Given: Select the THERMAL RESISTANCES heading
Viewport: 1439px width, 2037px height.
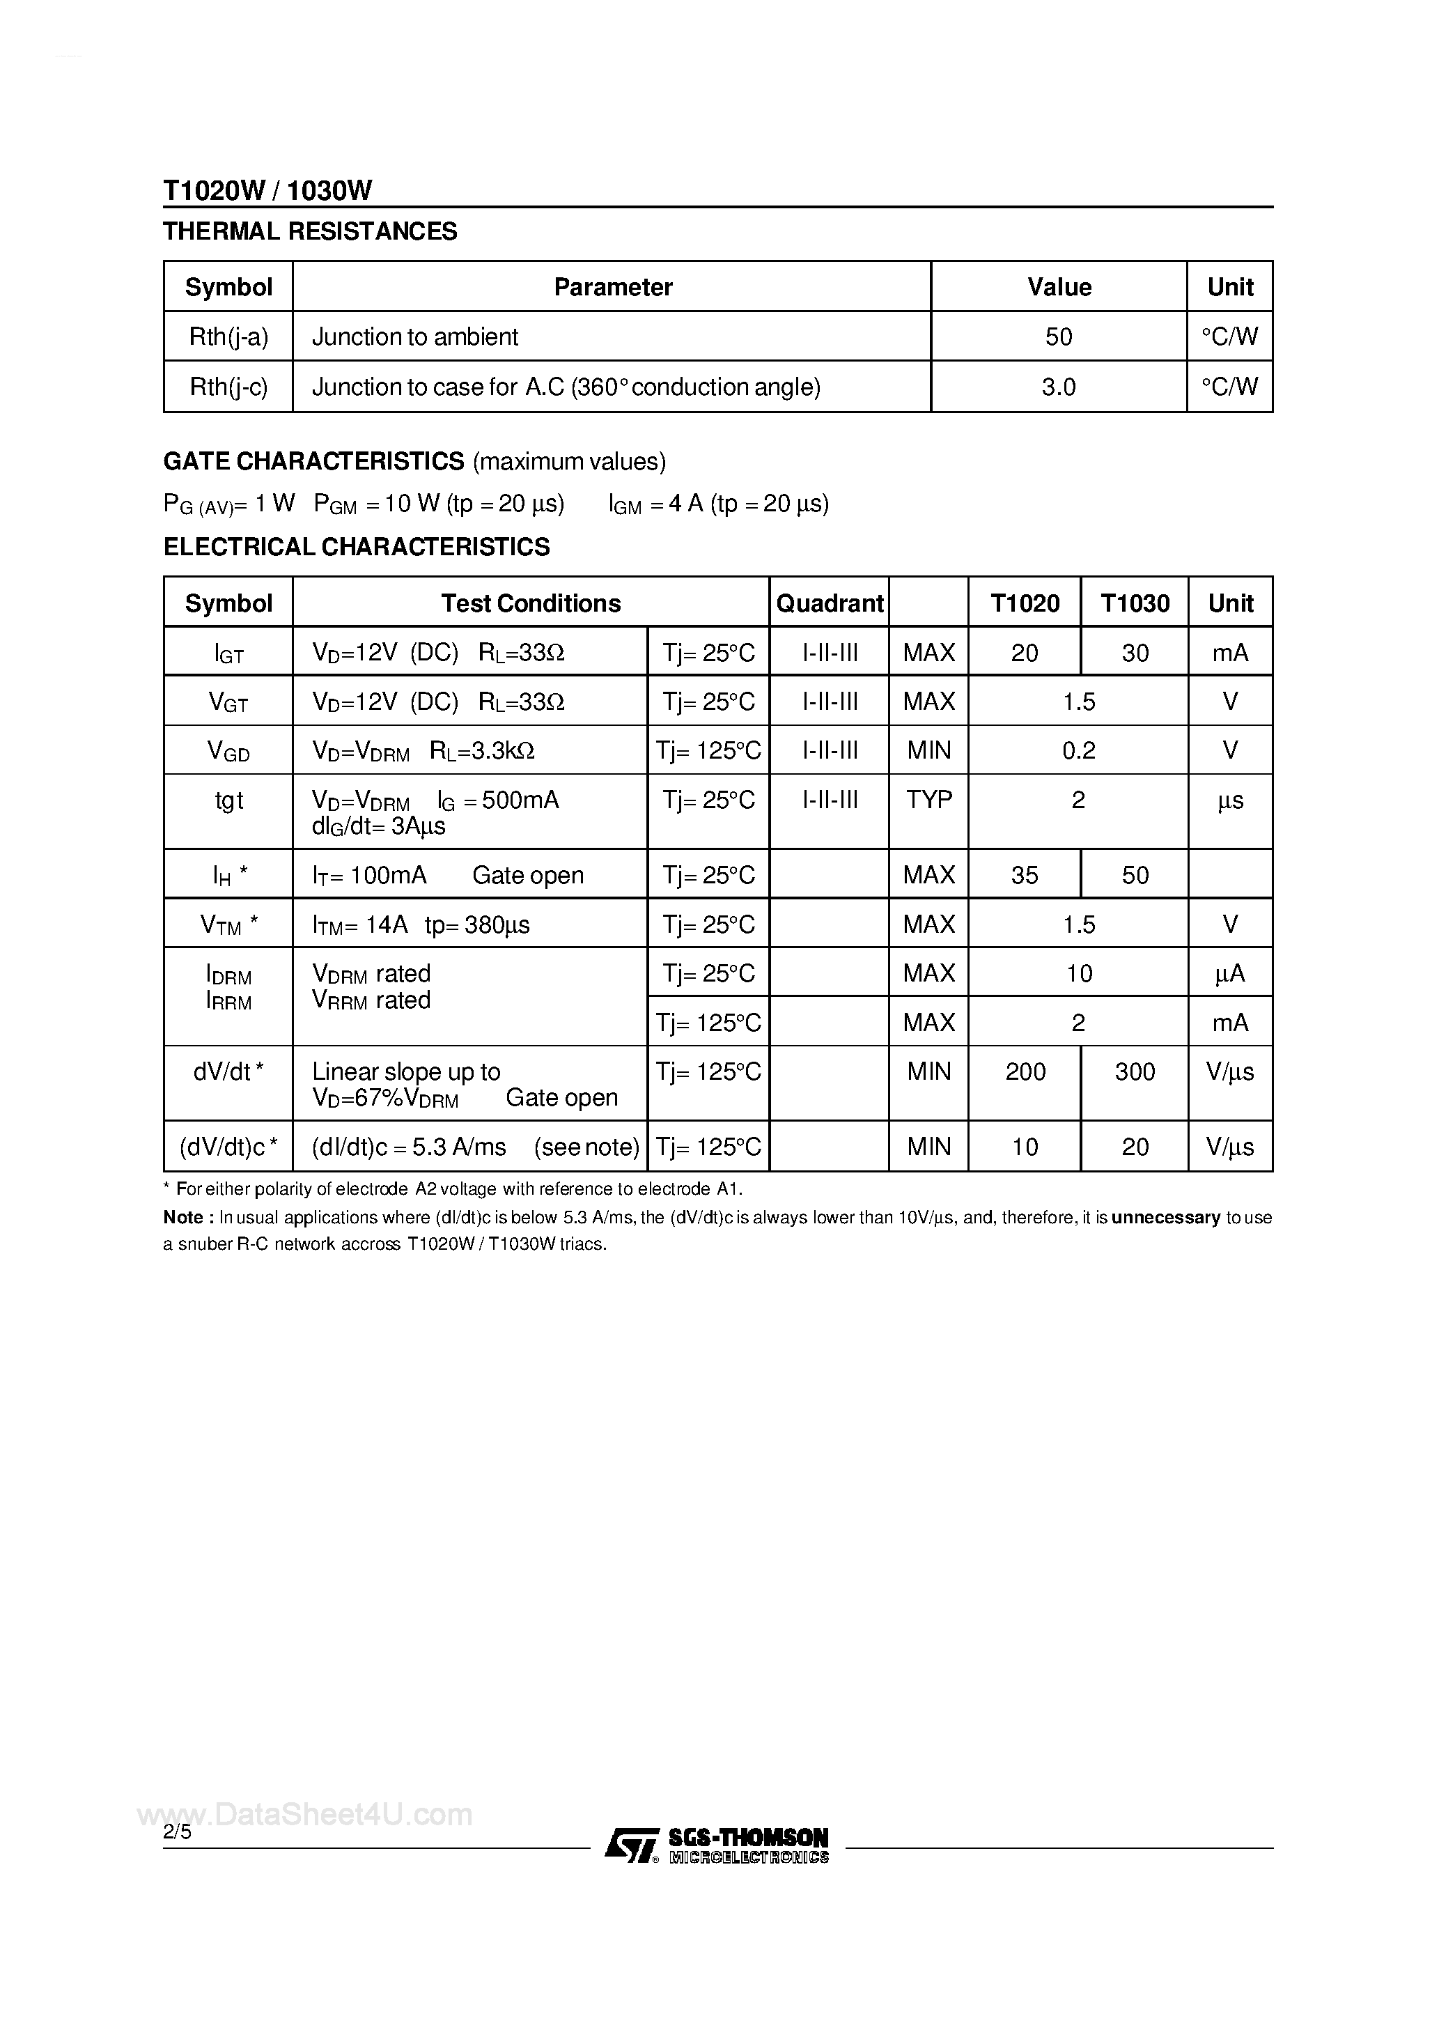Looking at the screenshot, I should pyautogui.click(x=310, y=231).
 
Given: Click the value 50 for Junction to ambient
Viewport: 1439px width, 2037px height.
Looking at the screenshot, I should pyautogui.click(x=1059, y=336).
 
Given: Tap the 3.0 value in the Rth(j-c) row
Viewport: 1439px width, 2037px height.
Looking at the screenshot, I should pyautogui.click(x=1059, y=387).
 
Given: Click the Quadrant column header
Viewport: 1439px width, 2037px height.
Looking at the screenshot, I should pyautogui.click(x=830, y=603).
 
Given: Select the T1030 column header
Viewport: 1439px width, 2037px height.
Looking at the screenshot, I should pyautogui.click(x=1135, y=603).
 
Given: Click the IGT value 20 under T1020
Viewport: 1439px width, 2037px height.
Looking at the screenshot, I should pyautogui.click(x=1025, y=653).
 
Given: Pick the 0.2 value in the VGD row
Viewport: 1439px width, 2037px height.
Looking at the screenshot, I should pyautogui.click(x=1078, y=750).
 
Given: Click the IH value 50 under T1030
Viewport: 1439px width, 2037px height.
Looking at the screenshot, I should pyautogui.click(x=1135, y=875).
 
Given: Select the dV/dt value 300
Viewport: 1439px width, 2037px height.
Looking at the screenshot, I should pyautogui.click(x=1135, y=1071).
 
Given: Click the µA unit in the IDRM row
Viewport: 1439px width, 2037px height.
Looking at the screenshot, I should pyautogui.click(x=1229, y=973).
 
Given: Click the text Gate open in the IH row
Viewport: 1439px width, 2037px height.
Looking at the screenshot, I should pyautogui.click(x=528, y=876).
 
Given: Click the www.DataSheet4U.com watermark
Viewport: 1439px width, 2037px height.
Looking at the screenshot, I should pyautogui.click(x=305, y=1815).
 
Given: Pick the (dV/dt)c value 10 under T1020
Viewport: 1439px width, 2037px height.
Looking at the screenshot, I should pyautogui.click(x=1025, y=1147).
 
